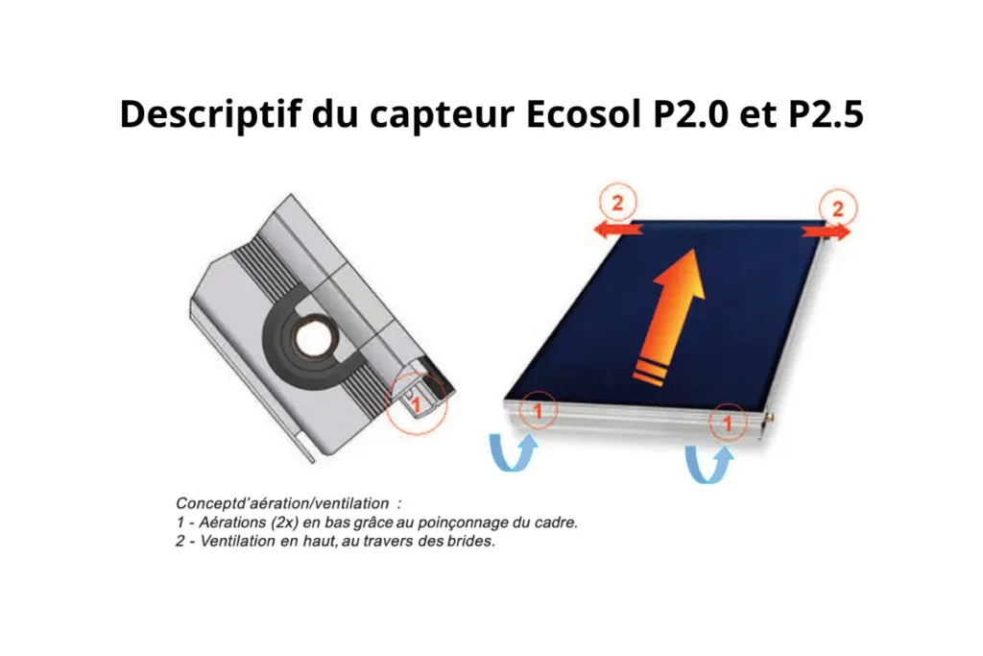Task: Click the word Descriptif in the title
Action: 210,114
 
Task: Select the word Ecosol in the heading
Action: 584,113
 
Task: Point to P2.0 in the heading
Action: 691,113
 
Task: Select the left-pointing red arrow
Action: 617,229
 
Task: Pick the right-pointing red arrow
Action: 827,231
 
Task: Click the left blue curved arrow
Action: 514,451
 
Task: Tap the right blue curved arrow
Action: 709,465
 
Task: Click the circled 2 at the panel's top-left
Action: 617,203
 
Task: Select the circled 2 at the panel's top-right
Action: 837,208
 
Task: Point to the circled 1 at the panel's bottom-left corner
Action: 538,411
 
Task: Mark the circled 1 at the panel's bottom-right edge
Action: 728,424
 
